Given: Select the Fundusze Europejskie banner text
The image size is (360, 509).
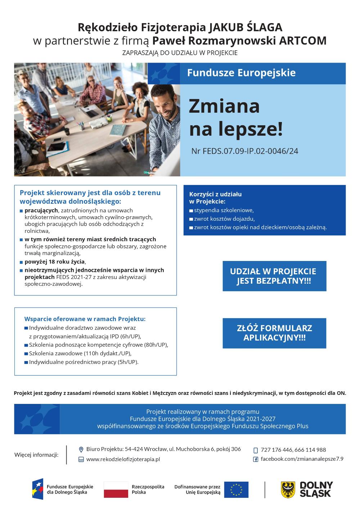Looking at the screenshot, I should pos(241,73).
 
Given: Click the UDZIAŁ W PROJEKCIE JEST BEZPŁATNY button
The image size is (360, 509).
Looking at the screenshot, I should pos(274,276).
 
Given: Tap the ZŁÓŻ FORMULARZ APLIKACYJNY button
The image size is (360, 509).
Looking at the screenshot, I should pos(274,333).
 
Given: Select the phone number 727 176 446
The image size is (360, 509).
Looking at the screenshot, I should pos(276,450).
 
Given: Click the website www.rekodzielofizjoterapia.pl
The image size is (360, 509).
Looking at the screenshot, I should pos(123,459).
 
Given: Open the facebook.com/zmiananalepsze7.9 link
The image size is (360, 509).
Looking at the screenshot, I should pos(302,459).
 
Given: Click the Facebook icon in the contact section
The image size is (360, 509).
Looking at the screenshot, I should pos(256,459).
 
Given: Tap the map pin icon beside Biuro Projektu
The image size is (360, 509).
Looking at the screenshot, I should pos(81,449).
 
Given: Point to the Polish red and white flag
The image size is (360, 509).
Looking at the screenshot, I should pos(116,490).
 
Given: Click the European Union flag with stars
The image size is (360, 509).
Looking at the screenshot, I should pos(236,490).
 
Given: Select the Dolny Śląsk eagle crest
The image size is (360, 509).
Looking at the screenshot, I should pos(288,490).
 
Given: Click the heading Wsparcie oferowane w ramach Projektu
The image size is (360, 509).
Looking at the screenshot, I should pos(85,319).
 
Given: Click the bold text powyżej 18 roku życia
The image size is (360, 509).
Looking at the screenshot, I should pos(55,262).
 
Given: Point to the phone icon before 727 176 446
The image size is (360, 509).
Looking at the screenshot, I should pos(256,450).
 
